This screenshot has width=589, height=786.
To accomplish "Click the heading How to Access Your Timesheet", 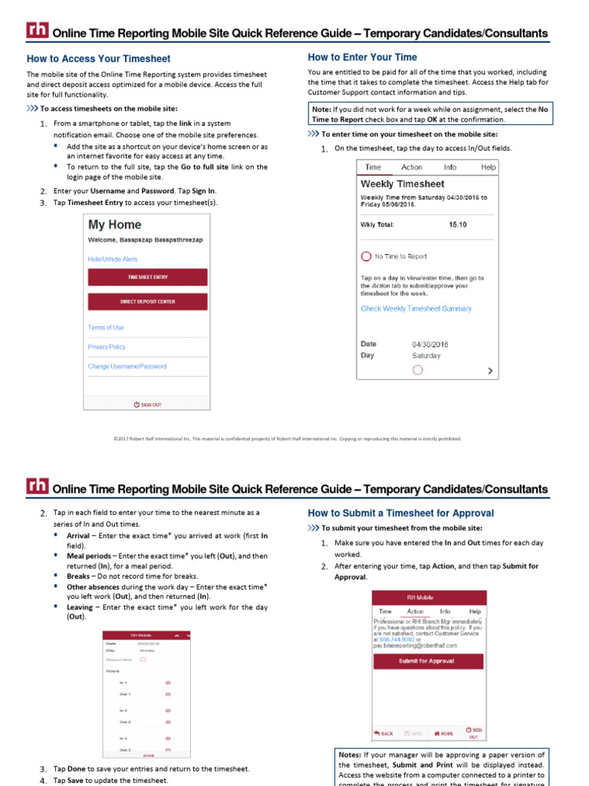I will tap(98, 58).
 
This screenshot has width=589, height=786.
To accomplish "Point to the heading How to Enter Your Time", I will tap(362, 57).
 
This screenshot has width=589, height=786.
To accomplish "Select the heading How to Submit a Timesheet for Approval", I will tap(400, 513).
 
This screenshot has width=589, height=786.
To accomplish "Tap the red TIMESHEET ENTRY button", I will tap(147, 277).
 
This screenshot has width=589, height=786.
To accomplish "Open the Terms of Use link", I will tap(106, 328).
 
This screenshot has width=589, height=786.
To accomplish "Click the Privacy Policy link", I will tap(107, 347).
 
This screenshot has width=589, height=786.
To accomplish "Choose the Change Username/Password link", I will tap(127, 366).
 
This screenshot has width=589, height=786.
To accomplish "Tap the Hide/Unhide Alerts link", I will tap(113, 259).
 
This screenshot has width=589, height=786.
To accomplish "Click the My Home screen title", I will tap(115, 225).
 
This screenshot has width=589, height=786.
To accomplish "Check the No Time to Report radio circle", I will tap(367, 256).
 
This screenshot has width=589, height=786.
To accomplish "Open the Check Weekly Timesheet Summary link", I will tap(416, 309).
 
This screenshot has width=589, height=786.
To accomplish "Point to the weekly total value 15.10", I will tap(457, 225).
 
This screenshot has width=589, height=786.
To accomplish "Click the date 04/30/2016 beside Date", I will tap(430, 345).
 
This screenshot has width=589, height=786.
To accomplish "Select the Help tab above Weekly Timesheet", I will tap(488, 167).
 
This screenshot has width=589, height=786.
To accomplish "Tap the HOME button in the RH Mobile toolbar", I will tap(444, 733).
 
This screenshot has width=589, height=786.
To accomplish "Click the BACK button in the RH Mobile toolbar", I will tap(383, 733).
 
